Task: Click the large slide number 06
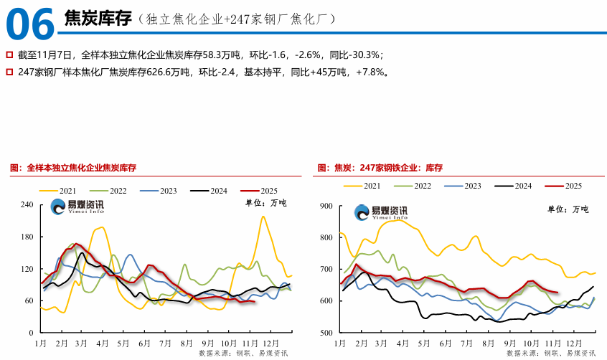(30, 24)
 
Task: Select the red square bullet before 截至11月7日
(9, 54)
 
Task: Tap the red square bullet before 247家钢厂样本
(9, 72)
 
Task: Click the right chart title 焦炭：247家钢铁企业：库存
(379, 168)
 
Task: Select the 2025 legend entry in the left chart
(258, 191)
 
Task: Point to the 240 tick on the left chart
(27, 205)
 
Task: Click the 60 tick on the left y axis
(29, 301)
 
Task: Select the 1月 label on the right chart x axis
(339, 343)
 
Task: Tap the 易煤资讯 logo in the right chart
(380, 212)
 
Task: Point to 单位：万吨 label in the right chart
(568, 209)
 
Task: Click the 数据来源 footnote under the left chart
(243, 354)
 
